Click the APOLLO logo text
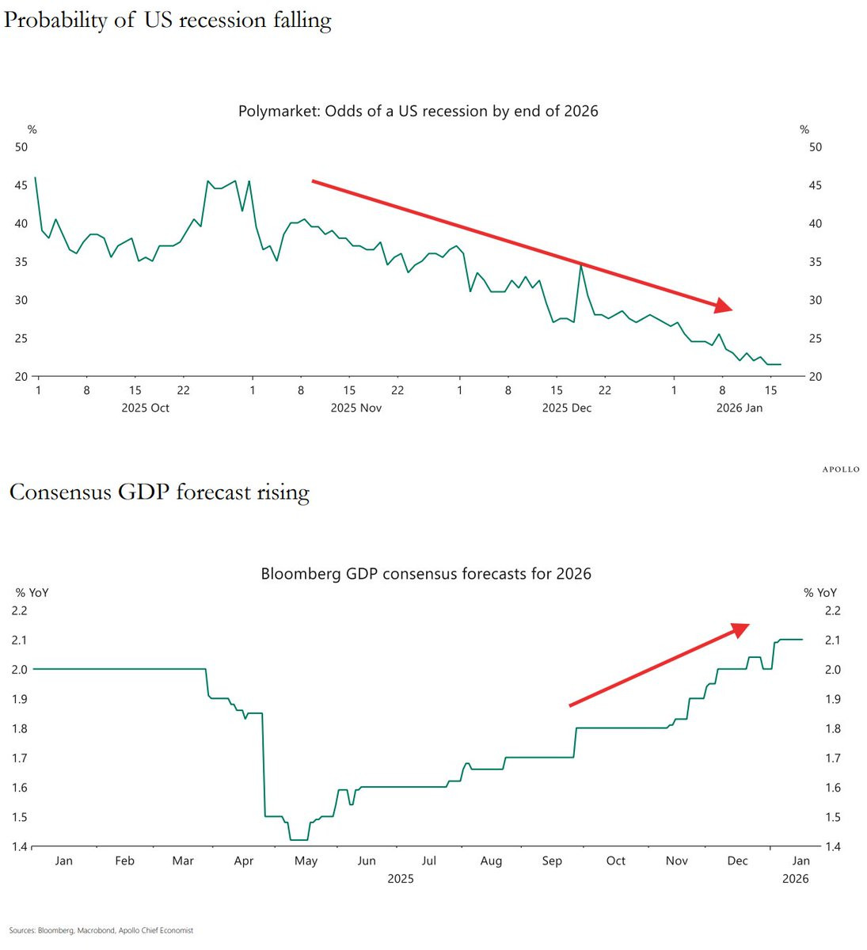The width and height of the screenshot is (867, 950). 840,469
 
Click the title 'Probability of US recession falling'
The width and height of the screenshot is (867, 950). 167,20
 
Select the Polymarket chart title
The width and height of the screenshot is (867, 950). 418,112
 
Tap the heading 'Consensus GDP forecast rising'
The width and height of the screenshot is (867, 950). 159,492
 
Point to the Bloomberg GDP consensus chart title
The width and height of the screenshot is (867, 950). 426,574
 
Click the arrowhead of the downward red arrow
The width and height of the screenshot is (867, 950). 723,306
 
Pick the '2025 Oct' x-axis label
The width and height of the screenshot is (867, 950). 145,408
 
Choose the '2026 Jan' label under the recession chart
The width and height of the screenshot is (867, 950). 739,408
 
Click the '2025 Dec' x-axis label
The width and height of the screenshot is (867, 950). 566,408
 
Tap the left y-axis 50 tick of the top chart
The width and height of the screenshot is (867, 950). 21,147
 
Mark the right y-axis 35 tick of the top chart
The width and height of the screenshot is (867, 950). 815,262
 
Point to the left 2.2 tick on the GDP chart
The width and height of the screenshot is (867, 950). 19,610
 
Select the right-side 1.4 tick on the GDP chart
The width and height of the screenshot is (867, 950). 832,846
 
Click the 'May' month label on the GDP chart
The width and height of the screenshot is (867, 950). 306,861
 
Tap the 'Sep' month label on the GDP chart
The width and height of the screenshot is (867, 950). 552,861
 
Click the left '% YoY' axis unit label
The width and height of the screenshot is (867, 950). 32,592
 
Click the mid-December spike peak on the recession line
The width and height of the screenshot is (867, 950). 581,264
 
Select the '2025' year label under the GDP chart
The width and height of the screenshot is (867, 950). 400,878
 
